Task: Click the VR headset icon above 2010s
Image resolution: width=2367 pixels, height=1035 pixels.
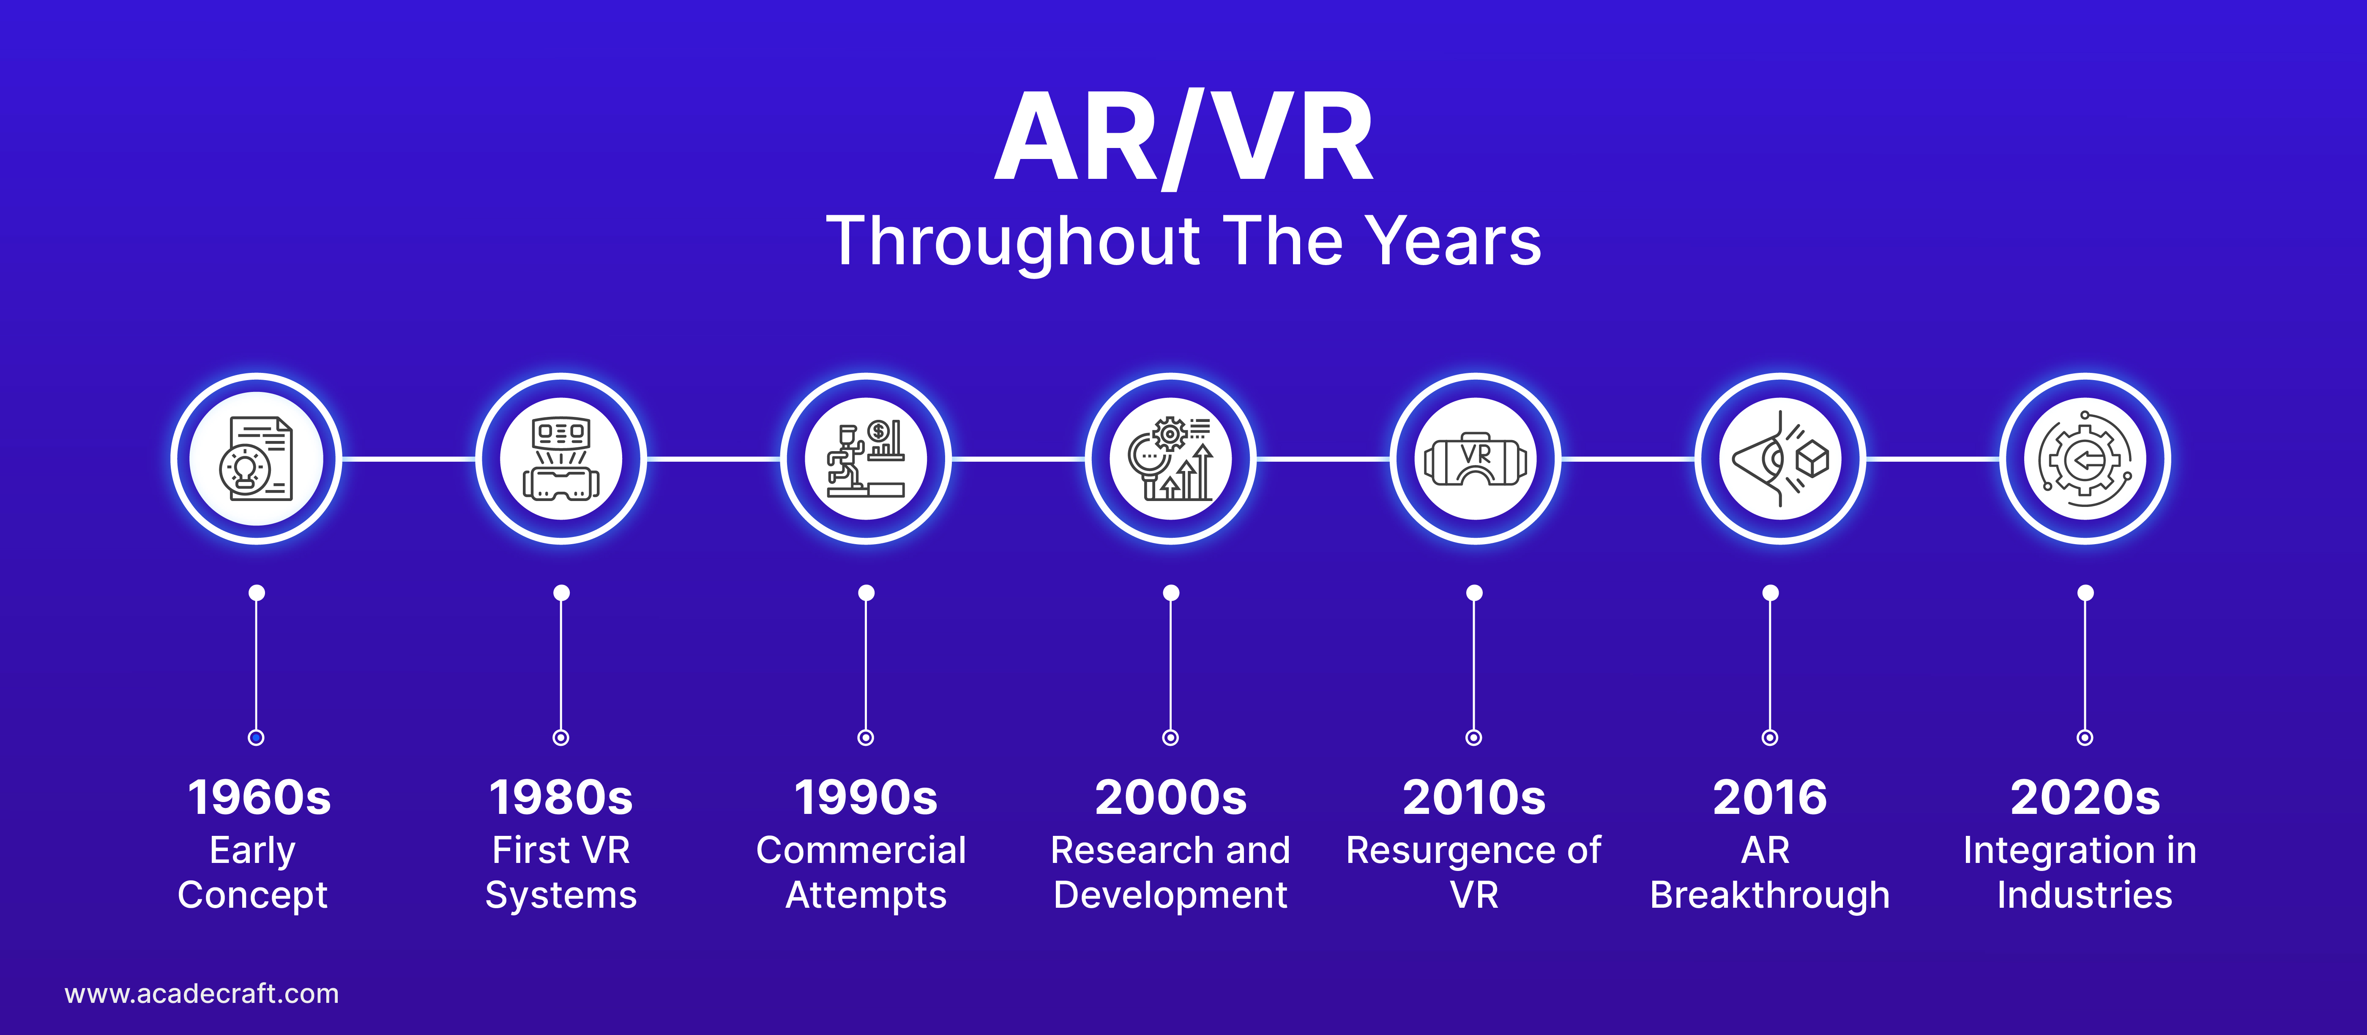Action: pos(1476,460)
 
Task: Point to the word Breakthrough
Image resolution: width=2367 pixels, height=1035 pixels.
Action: pos(1770,895)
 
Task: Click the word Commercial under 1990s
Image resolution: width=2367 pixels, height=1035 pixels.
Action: pos(861,850)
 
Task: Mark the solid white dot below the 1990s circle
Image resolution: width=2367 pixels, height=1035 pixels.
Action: pos(866,593)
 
